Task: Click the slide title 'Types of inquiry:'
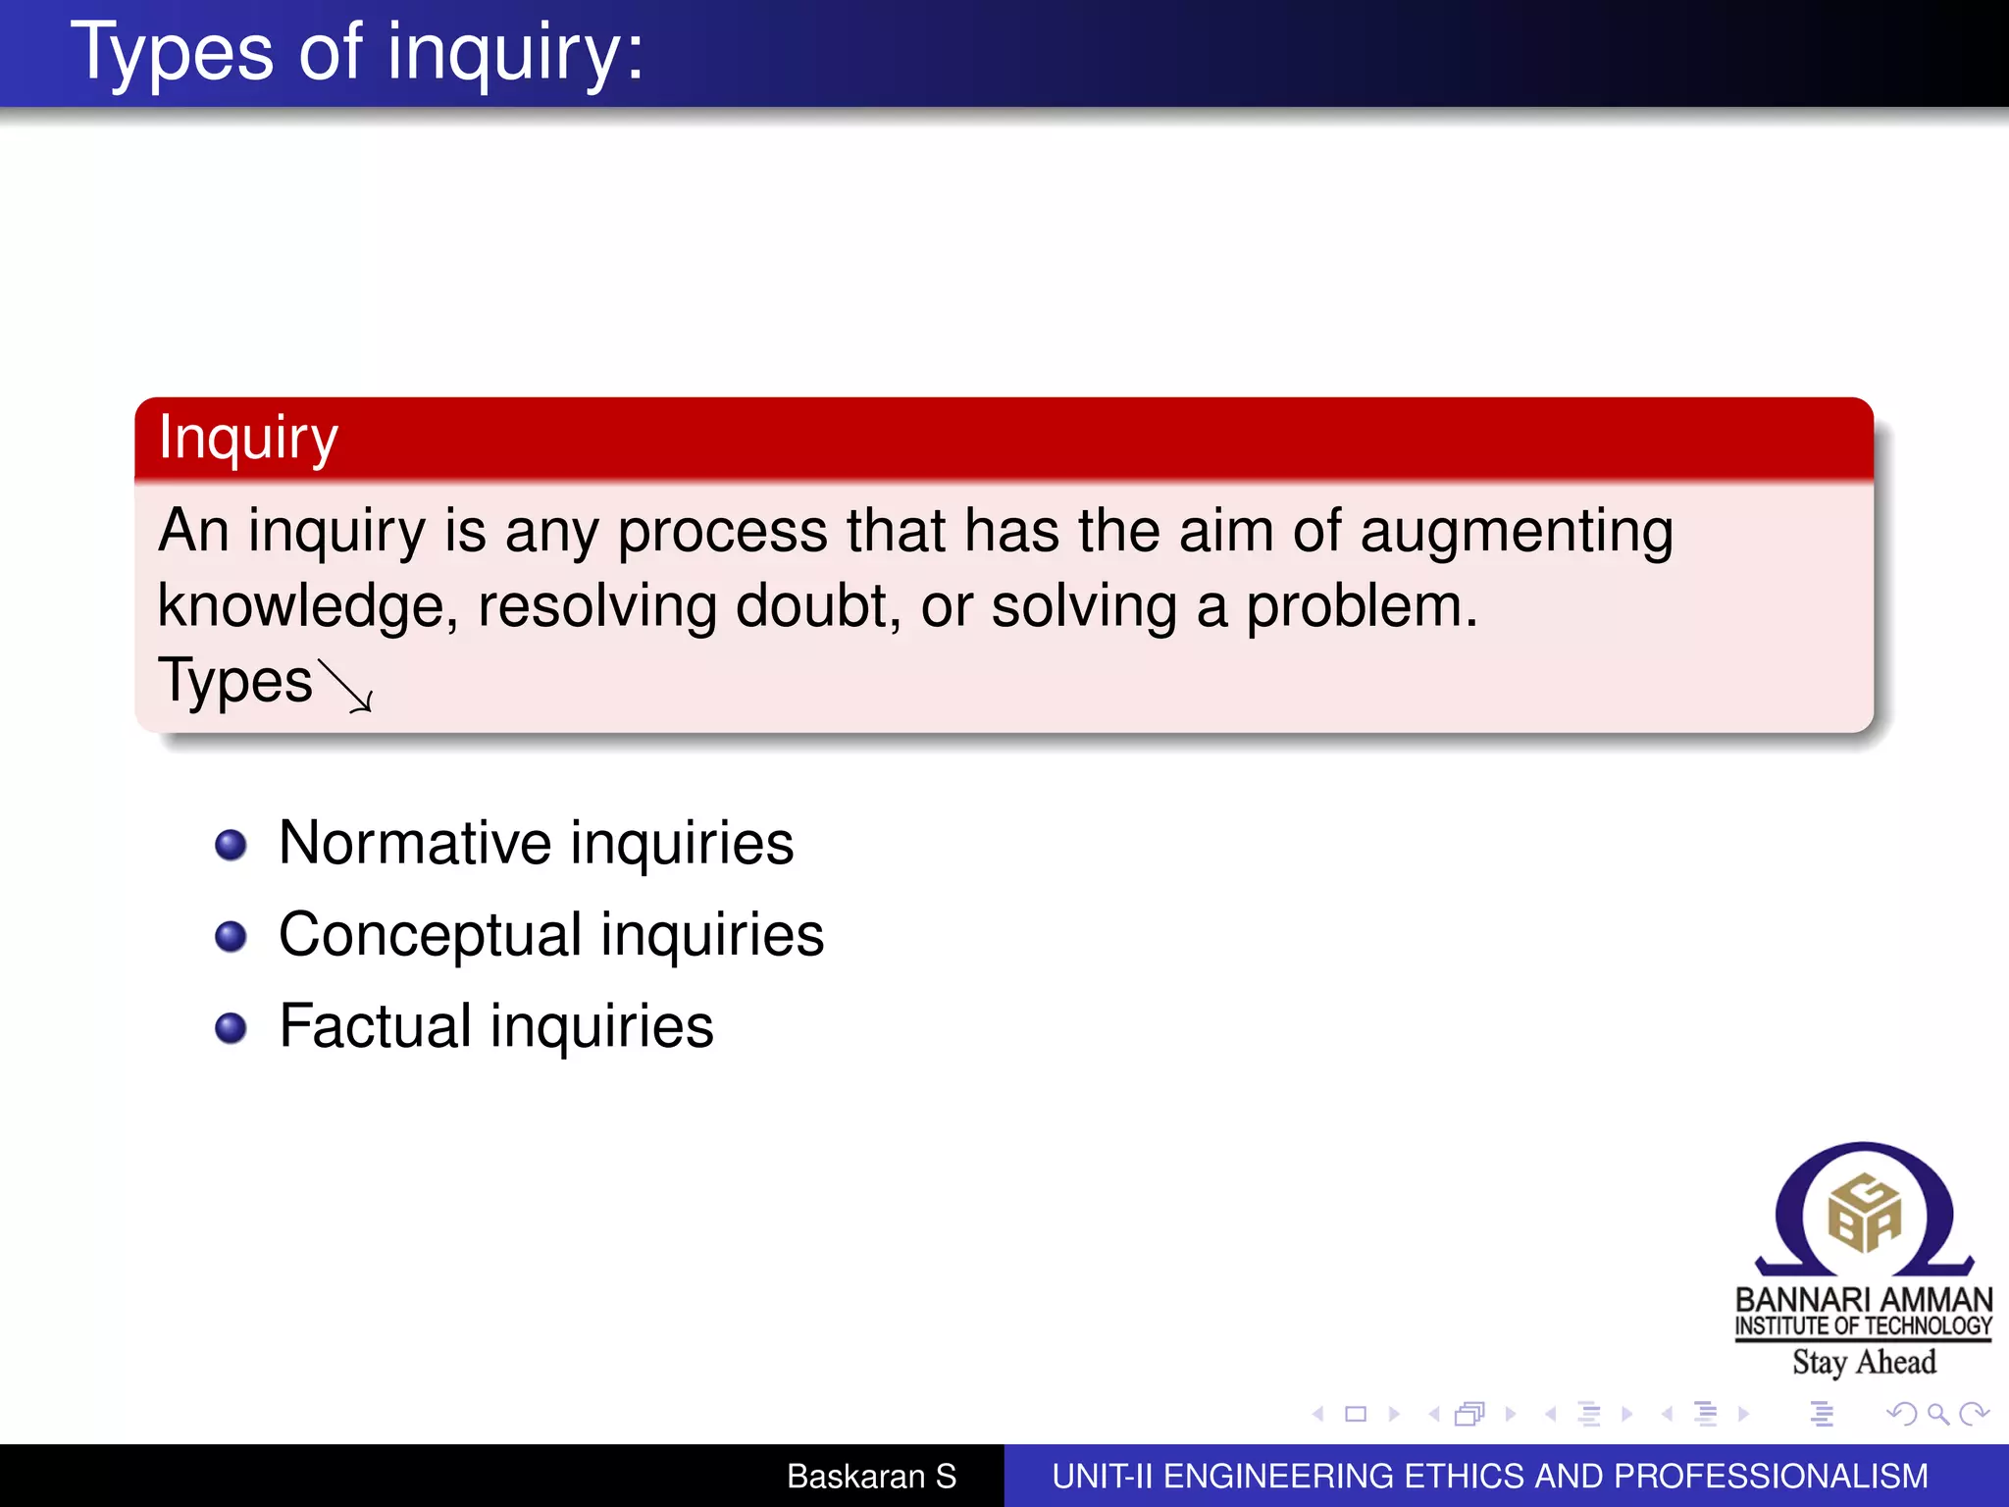(358, 53)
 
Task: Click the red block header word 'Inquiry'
(248, 438)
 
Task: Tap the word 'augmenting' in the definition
(1517, 533)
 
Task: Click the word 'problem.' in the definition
(1362, 607)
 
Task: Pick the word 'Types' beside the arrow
(234, 682)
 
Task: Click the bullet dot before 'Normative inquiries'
(231, 845)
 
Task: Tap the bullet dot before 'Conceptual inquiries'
(231, 936)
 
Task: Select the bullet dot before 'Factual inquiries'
(231, 1027)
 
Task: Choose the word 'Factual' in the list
(376, 1027)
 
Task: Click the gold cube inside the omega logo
(1864, 1215)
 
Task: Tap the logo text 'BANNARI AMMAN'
(1864, 1300)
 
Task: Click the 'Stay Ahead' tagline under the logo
(1864, 1363)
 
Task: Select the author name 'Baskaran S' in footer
(871, 1477)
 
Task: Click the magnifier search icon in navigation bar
(1937, 1414)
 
